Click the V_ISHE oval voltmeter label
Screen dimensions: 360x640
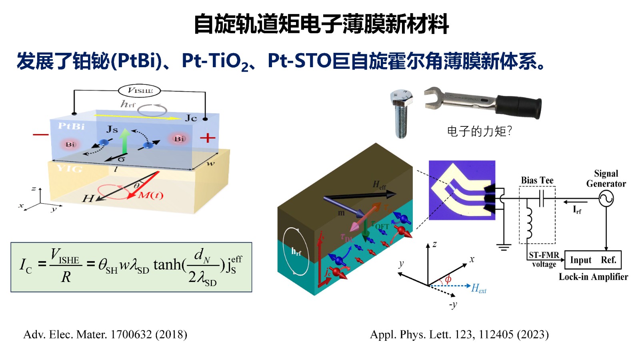click(139, 91)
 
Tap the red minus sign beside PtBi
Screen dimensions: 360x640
click(40, 134)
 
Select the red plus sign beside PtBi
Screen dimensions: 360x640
click(208, 138)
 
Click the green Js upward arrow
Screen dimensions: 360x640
click(125, 141)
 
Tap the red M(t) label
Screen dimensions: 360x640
click(151, 196)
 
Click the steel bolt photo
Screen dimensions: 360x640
click(401, 114)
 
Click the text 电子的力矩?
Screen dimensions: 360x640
click(479, 131)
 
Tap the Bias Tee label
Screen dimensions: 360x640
click(537, 180)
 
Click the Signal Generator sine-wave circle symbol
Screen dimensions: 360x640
click(606, 198)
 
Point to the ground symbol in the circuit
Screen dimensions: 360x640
click(504, 247)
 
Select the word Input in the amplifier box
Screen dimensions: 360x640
click(580, 260)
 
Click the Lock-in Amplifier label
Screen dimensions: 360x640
click(593, 277)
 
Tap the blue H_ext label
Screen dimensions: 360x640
click(479, 288)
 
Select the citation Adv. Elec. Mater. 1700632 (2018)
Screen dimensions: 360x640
click(105, 334)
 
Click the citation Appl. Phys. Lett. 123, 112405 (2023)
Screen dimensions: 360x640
click(459, 334)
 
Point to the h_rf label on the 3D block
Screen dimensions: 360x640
click(296, 252)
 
